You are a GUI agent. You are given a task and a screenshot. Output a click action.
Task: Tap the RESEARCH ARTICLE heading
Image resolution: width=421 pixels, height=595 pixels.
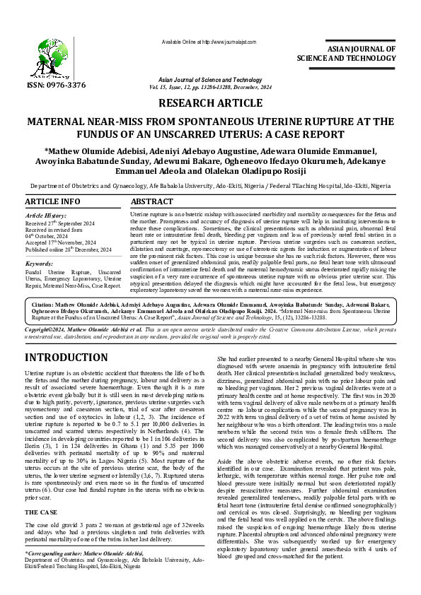coord(210,103)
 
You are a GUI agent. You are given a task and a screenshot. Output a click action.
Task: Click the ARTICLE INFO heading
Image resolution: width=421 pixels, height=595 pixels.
coord(52,202)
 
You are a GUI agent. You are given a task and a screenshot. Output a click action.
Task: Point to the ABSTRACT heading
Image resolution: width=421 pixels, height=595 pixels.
coord(152,202)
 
